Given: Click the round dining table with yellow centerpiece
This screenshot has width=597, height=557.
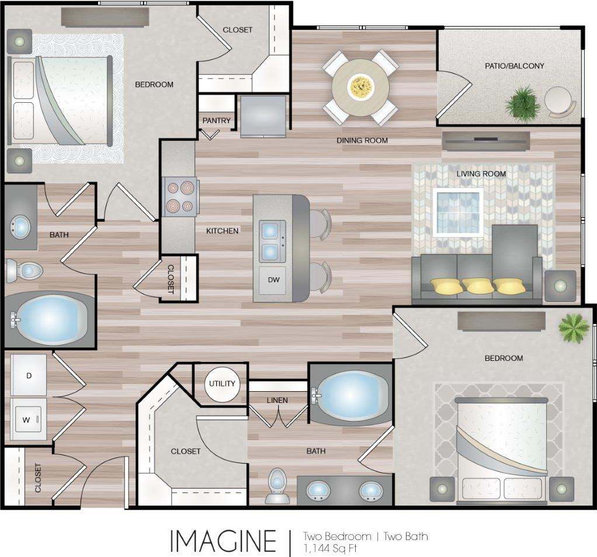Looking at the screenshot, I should [x=360, y=88].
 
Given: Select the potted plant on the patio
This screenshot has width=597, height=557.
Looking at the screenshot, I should [x=522, y=103].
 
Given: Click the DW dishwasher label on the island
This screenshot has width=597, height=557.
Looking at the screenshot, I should [x=274, y=280].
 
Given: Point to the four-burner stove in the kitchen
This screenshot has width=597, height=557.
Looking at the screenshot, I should [x=180, y=197].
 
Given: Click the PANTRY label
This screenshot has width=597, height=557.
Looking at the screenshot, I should [x=217, y=121].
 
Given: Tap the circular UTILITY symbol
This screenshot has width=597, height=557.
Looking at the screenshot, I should [x=222, y=384].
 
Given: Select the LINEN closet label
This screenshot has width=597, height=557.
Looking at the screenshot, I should [x=277, y=400].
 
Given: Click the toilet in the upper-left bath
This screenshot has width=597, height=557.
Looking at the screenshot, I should [x=24, y=271].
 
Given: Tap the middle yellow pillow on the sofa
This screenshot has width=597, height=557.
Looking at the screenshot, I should [x=478, y=286].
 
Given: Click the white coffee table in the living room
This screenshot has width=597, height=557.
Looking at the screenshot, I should [x=459, y=211].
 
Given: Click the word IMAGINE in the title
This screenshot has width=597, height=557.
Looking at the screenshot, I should [x=223, y=541].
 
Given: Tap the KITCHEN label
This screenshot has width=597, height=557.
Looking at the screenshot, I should [x=222, y=231].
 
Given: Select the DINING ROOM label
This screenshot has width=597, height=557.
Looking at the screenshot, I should [x=362, y=140].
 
